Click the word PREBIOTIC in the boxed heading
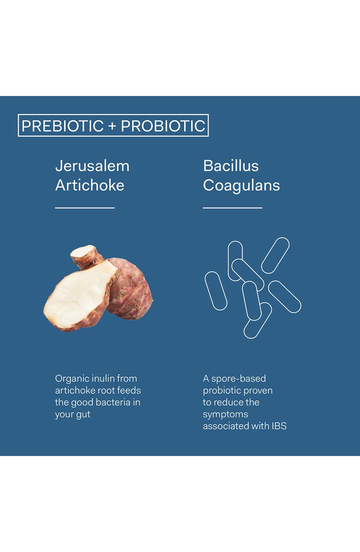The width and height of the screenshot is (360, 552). [62, 126]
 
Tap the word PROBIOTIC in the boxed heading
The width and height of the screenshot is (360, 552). [163, 126]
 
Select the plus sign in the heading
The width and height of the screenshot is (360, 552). [112, 126]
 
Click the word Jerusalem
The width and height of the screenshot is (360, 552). [92, 166]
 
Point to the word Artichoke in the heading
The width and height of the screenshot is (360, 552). [90, 186]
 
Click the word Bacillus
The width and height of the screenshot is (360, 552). [231, 166]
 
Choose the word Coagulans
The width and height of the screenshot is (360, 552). [241, 186]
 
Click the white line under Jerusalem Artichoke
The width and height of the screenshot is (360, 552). [84, 208]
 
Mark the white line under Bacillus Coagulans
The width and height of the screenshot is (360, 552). [232, 208]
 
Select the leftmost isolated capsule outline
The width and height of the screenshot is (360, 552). [216, 291]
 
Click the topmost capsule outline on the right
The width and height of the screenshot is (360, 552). [275, 255]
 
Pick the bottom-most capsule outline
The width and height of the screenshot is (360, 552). [258, 321]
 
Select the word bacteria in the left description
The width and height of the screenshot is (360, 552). [114, 402]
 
